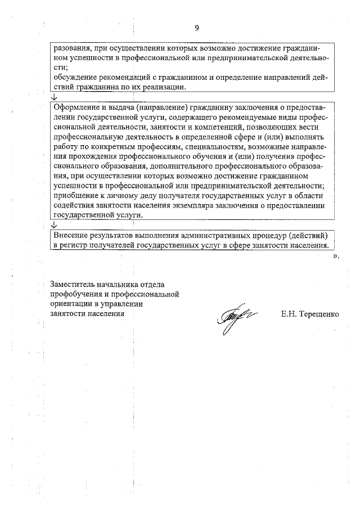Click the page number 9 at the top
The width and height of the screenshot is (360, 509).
coord(196,28)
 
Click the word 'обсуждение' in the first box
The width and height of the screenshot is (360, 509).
coord(73,78)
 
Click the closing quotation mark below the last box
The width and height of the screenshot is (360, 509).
coord(336,256)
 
